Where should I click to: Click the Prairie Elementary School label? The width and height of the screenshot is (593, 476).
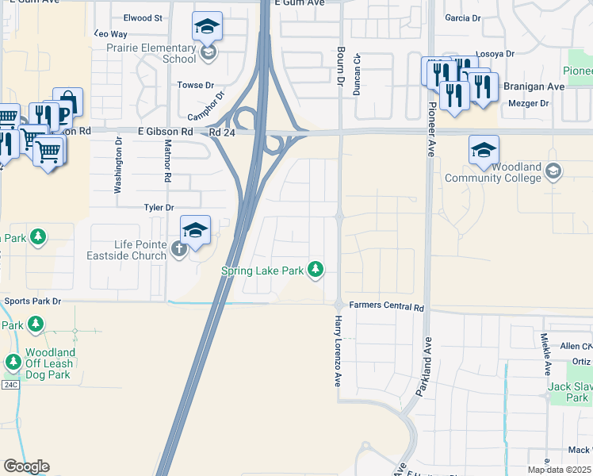click(151, 53)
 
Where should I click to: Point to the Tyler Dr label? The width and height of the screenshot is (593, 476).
click(159, 208)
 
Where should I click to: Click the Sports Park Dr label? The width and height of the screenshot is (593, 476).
click(33, 301)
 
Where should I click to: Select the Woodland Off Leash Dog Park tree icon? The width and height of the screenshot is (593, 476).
click(13, 363)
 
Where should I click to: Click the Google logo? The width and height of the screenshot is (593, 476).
click(26, 466)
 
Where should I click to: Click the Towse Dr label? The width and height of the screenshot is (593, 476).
click(196, 85)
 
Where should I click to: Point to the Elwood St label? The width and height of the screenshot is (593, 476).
click(143, 17)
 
